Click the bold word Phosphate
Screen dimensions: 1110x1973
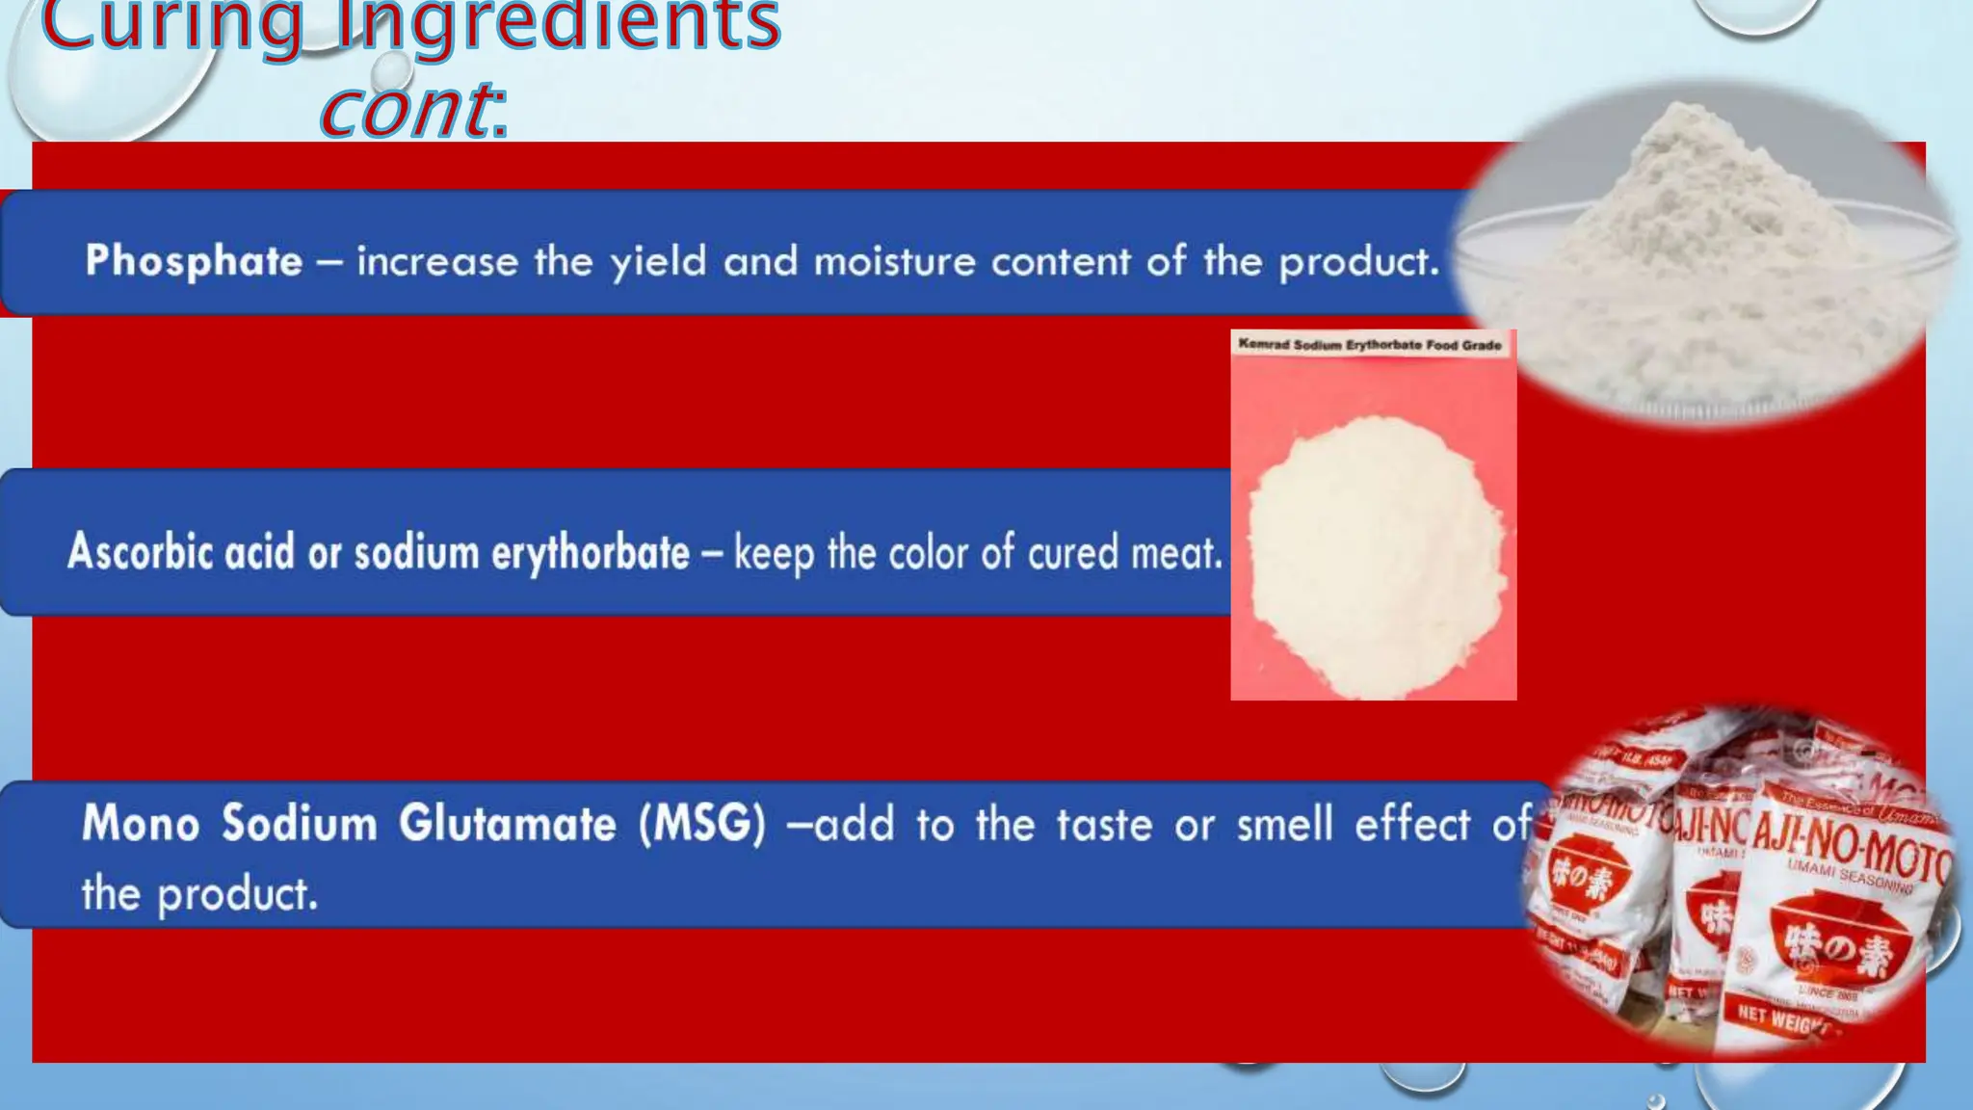tap(194, 261)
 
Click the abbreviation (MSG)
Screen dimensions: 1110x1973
tap(702, 825)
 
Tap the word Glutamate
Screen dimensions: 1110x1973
tap(508, 825)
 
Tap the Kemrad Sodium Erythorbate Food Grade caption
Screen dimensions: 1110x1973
tap(1369, 344)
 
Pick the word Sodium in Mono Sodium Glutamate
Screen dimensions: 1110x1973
tap(299, 825)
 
